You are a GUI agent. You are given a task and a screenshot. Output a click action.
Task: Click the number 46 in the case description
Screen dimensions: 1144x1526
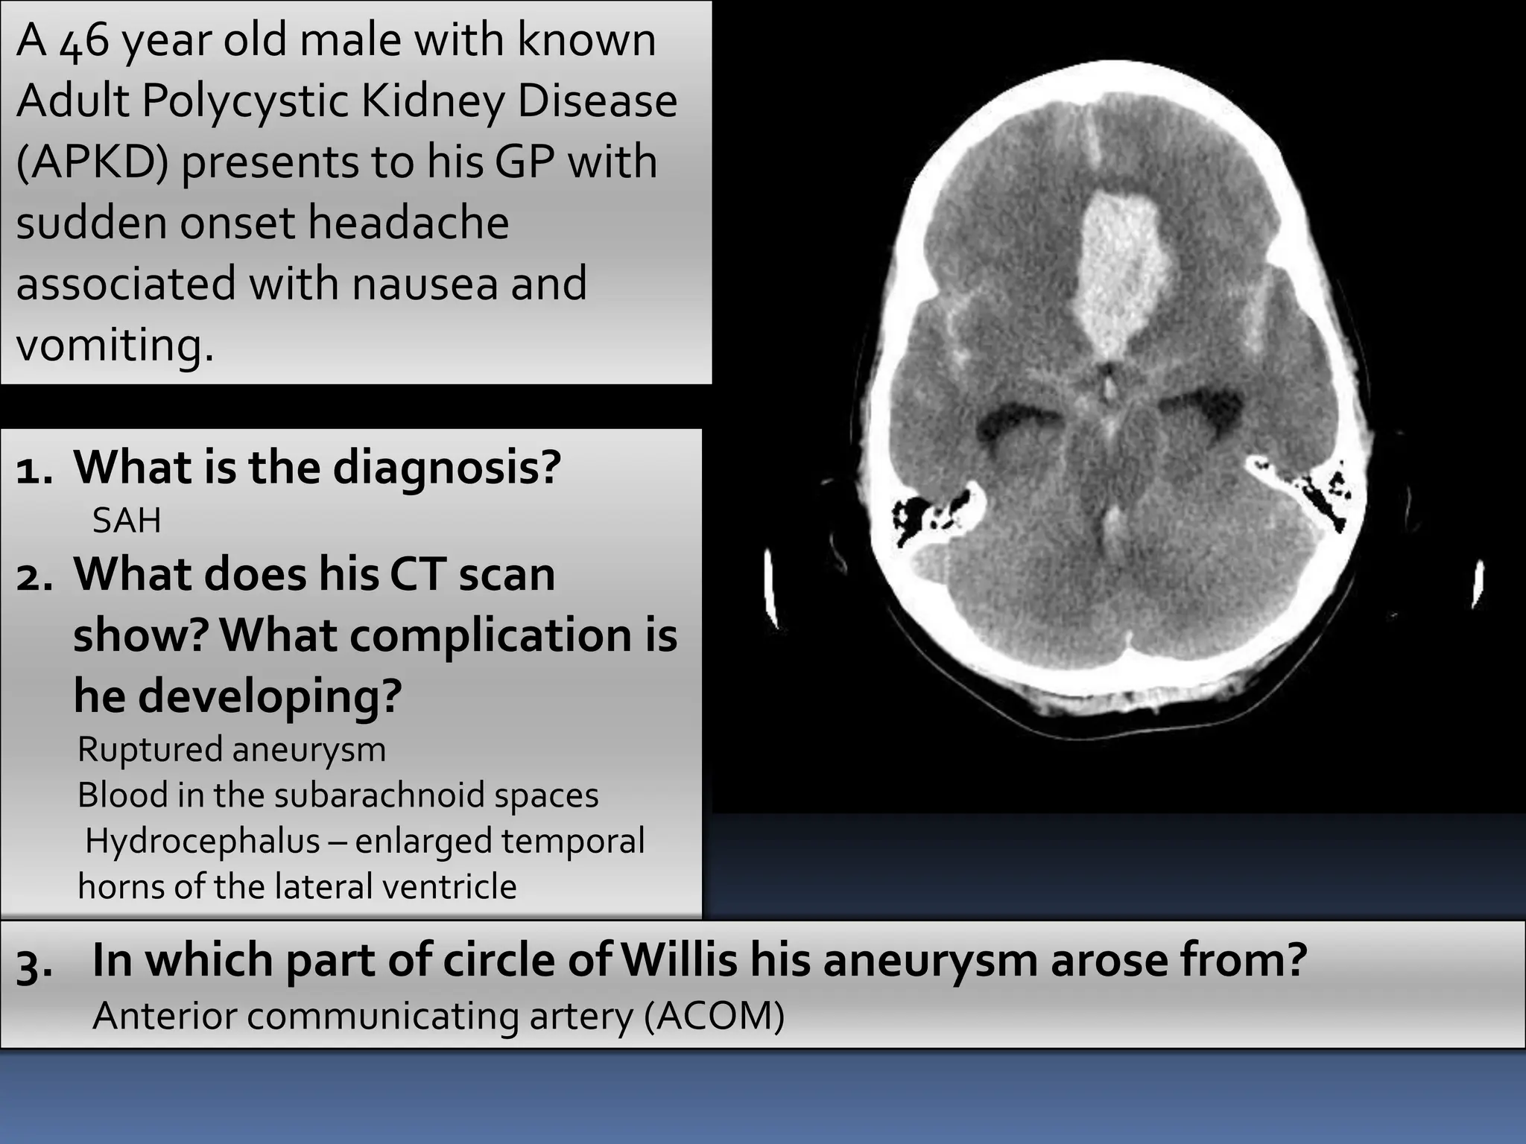pyautogui.click(x=84, y=42)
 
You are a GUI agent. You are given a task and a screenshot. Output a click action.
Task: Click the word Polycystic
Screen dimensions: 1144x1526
pyautogui.click(x=245, y=101)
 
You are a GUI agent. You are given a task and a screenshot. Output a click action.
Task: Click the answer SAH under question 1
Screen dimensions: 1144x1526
pyautogui.click(x=126, y=520)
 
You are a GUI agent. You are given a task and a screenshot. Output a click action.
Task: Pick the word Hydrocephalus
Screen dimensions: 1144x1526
pyautogui.click(x=202, y=841)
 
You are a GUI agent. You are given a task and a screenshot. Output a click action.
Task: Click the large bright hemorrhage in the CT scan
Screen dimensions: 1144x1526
pyautogui.click(x=1118, y=268)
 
